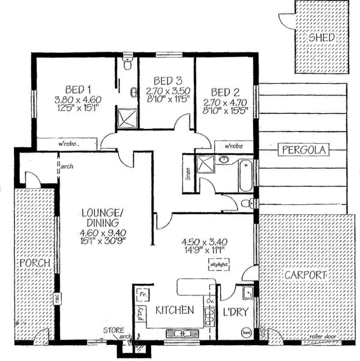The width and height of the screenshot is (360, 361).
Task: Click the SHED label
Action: pos(322,38)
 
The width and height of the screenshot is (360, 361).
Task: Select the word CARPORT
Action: pos(305,276)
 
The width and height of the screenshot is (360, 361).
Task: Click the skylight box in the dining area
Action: pos(219,265)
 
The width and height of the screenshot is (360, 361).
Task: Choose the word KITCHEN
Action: pos(174,310)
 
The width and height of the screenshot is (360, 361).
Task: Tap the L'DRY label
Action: pos(236,312)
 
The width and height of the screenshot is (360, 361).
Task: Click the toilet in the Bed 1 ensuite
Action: pos(128,65)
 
